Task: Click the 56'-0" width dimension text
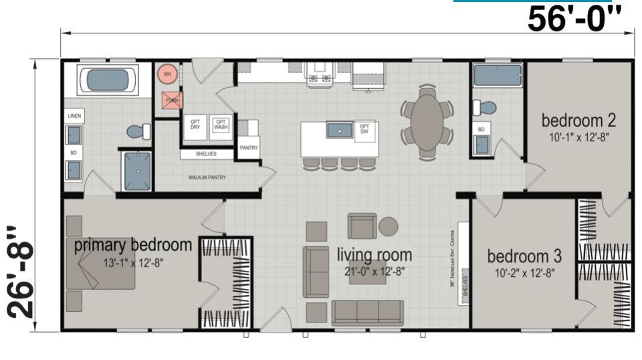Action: [x=579, y=19]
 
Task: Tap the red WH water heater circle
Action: [x=167, y=74]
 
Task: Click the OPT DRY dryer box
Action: [x=195, y=124]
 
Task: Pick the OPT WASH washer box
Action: [x=221, y=124]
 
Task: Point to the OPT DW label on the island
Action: [x=364, y=128]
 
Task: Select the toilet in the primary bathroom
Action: [x=138, y=131]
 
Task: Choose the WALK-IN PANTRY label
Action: [x=207, y=178]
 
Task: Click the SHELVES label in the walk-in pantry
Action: [x=207, y=154]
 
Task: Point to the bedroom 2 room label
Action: [x=578, y=121]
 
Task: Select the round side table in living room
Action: [x=389, y=226]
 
